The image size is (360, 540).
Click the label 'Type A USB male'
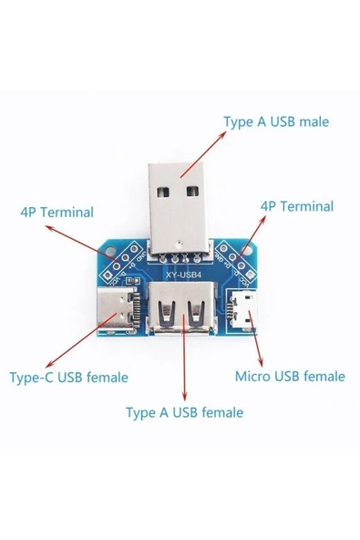point(275,121)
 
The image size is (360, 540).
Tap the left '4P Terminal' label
point(57,213)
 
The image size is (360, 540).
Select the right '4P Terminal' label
point(296,206)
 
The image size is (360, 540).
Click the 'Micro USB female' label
point(290,376)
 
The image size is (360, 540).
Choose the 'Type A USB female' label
point(184,412)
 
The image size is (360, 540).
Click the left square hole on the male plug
point(164,192)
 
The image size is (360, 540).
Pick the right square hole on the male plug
point(193,191)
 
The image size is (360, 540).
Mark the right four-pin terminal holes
point(239,258)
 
